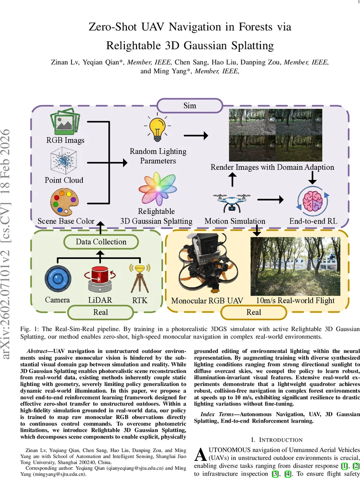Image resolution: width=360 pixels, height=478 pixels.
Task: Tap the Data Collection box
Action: point(101,241)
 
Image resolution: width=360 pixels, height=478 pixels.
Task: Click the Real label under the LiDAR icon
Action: point(100,312)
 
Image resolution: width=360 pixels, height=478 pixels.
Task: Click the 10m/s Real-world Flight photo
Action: point(295,266)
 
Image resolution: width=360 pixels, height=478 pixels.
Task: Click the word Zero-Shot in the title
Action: point(114,27)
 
